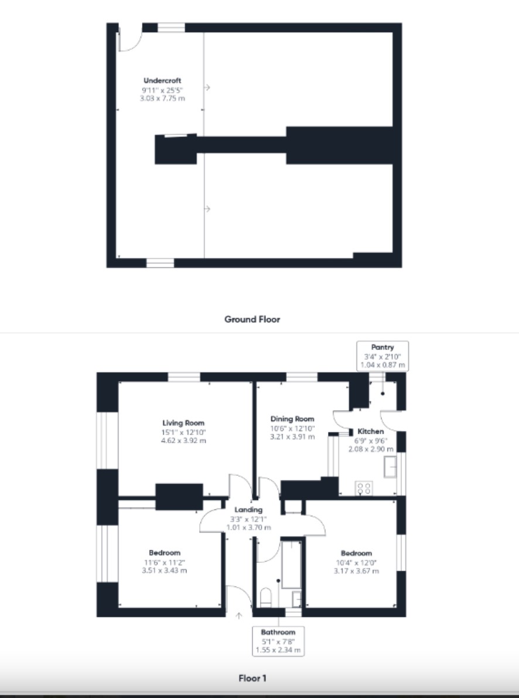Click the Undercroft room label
click(x=162, y=81)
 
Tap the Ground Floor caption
click(x=252, y=319)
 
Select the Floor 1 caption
click(x=252, y=679)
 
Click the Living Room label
click(x=183, y=423)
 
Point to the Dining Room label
click(x=292, y=419)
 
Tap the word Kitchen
click(x=371, y=431)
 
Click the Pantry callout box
click(x=383, y=356)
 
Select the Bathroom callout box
click(x=278, y=641)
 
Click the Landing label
click(x=248, y=510)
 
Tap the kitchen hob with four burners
click(x=364, y=488)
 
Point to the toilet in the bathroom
click(x=265, y=597)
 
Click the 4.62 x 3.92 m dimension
click(x=184, y=441)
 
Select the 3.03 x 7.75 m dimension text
click(x=162, y=98)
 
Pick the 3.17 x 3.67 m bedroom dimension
click(x=356, y=570)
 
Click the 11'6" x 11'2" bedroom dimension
click(x=165, y=562)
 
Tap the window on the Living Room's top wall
click(x=184, y=377)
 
